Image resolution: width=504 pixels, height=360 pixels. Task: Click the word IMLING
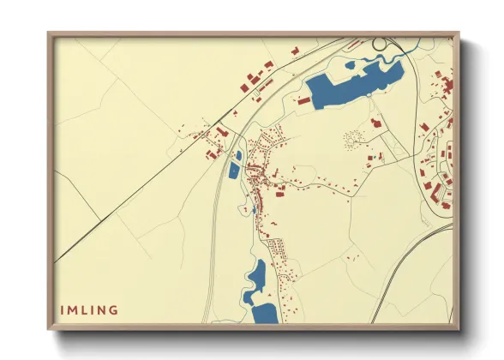coord(89,309)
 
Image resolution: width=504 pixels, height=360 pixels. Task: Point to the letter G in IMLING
coord(114,309)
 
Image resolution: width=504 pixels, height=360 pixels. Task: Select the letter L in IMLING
coord(84,309)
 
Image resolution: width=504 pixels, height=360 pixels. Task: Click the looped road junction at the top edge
coord(380,43)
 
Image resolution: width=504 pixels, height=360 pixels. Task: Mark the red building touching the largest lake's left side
coord(303,100)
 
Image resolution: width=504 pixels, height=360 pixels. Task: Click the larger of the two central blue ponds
coord(235,170)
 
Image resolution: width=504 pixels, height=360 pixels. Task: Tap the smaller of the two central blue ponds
coord(237,155)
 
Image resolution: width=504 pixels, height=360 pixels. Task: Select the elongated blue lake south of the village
coord(255,283)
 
